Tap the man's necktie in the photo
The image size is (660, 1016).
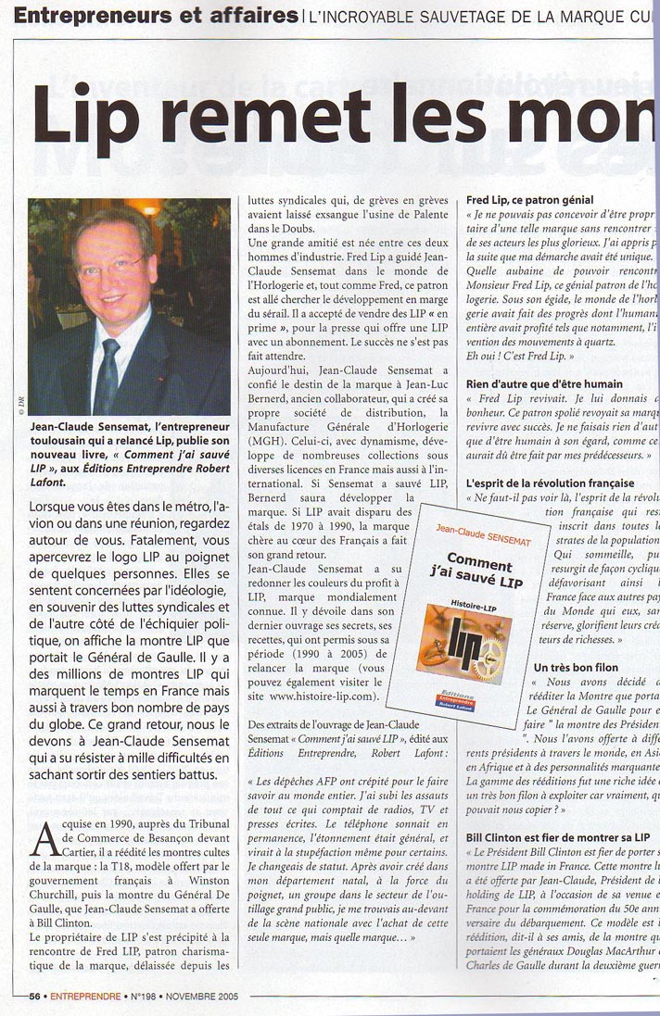(x=108, y=376)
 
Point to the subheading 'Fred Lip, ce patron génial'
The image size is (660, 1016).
(x=530, y=199)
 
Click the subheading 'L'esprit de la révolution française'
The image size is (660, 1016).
(x=551, y=483)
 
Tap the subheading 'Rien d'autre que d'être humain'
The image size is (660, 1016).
(x=543, y=383)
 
